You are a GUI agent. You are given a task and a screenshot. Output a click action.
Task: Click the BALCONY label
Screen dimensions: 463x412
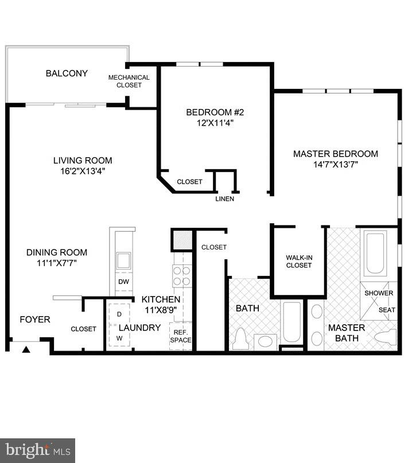(x=67, y=73)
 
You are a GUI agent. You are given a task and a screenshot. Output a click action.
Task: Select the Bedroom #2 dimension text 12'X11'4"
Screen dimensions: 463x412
(x=211, y=123)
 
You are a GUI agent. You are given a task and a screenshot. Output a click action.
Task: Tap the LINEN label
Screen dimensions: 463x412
(x=224, y=199)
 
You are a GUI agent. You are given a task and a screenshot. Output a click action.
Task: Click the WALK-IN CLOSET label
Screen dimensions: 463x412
(x=298, y=261)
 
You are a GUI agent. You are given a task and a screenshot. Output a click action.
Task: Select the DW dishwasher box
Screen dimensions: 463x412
(x=123, y=282)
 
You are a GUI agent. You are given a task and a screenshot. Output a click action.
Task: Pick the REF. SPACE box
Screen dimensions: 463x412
(x=180, y=336)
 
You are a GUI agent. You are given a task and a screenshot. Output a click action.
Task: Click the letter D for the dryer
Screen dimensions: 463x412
(x=119, y=314)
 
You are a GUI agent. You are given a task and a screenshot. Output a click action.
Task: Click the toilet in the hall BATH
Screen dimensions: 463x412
(x=240, y=339)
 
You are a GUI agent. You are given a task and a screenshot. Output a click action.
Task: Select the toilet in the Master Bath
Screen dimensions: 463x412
(x=384, y=337)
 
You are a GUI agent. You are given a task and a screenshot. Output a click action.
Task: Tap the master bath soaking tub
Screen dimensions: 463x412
(x=375, y=253)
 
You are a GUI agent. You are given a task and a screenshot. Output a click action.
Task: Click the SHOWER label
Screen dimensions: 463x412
(x=379, y=293)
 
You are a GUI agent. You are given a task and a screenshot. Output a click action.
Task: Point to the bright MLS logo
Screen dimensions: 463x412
(x=38, y=450)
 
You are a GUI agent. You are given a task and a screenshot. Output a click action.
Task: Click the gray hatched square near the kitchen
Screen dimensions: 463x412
(x=181, y=240)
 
